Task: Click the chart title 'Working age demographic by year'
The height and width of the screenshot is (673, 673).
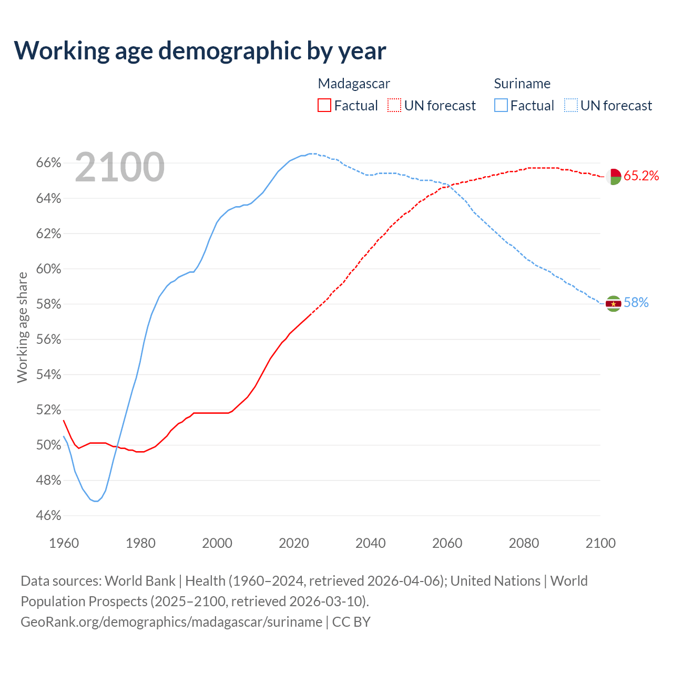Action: (x=200, y=51)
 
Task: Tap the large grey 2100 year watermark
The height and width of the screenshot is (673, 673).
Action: (x=120, y=167)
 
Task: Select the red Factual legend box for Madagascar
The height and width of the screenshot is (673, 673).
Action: (x=324, y=106)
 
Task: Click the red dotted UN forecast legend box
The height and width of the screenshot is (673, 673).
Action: (x=394, y=106)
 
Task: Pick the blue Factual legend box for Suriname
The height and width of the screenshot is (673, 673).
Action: (x=501, y=106)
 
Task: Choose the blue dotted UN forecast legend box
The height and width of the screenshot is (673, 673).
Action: (x=570, y=106)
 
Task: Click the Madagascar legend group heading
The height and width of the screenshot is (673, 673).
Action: (x=354, y=84)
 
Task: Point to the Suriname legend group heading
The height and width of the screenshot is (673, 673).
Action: (x=522, y=84)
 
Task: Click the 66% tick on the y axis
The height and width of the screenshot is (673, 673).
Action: (x=48, y=164)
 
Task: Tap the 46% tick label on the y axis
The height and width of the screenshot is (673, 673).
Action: (x=48, y=516)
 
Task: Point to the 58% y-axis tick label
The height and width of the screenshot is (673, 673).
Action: (x=48, y=304)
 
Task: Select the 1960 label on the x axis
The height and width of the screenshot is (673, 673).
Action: (x=64, y=543)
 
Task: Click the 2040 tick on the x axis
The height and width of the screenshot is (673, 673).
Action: (x=371, y=543)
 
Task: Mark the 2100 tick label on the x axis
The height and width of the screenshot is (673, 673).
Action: (x=600, y=543)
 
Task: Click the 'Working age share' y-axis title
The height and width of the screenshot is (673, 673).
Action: (x=23, y=327)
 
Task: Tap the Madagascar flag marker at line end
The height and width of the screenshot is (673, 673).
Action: (x=614, y=176)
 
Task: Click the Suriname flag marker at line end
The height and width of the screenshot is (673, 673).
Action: (x=614, y=303)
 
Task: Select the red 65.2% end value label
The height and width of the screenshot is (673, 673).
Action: (x=641, y=176)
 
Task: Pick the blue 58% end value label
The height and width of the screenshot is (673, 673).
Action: (x=636, y=303)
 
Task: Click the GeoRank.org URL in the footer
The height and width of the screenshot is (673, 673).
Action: (x=171, y=622)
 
